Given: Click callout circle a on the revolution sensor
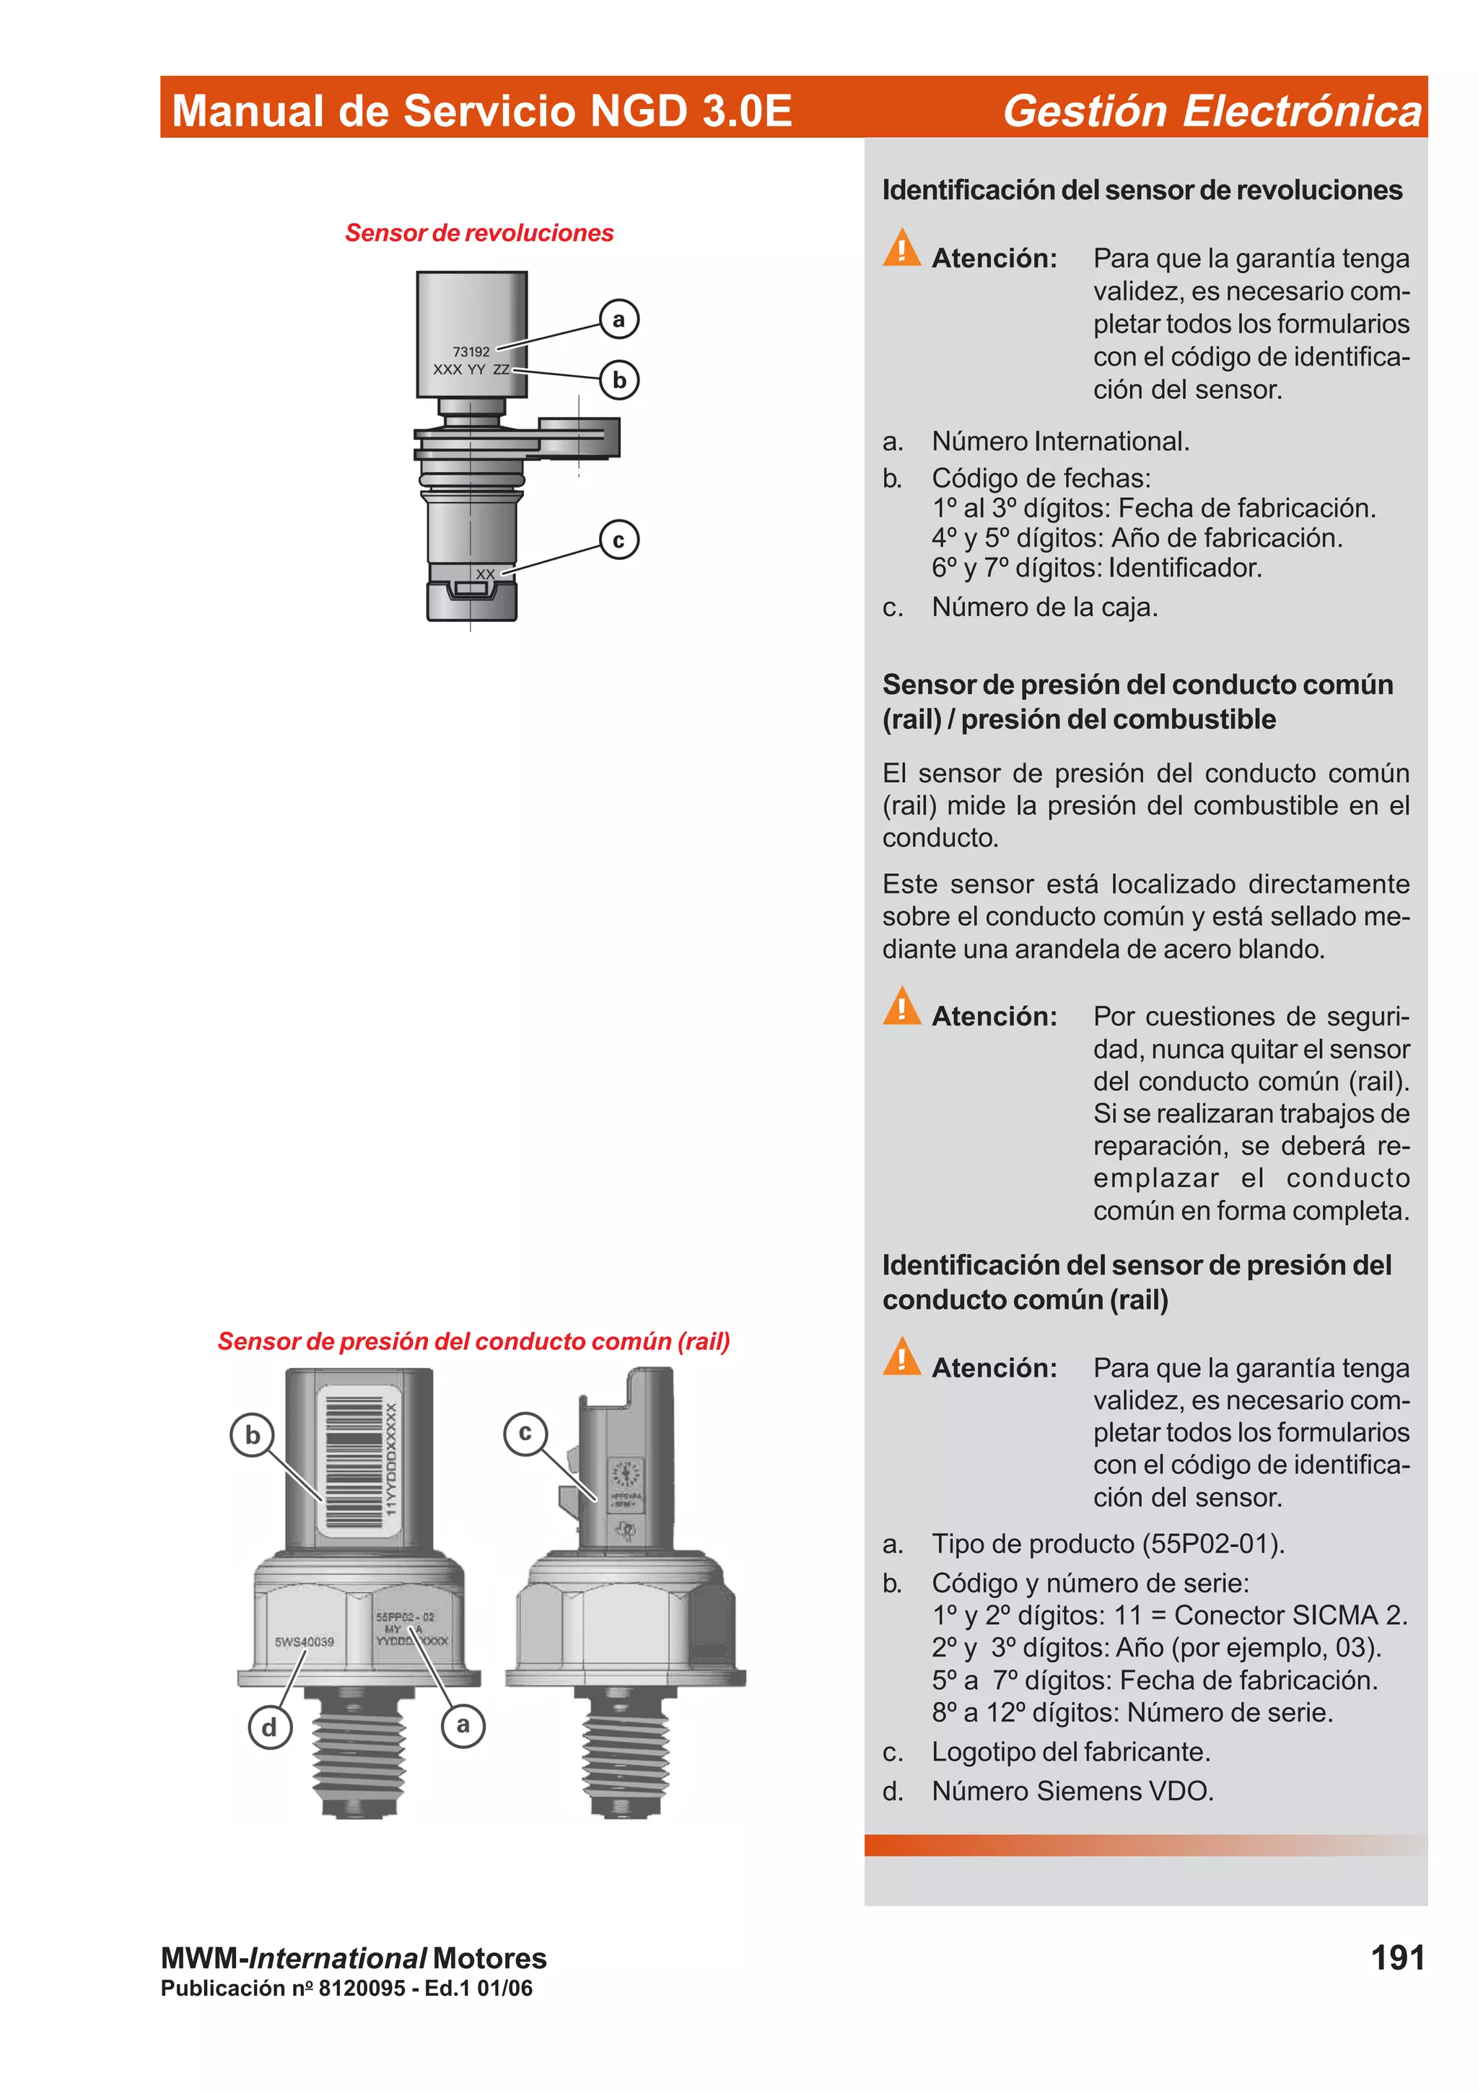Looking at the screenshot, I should click(619, 320).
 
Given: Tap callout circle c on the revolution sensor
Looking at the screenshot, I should click(619, 540).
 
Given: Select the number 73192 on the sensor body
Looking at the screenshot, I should click(471, 351).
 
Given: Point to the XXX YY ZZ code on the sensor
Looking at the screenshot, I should click(471, 369).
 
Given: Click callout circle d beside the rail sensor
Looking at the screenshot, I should click(270, 1727).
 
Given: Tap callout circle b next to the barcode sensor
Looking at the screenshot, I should click(253, 1435).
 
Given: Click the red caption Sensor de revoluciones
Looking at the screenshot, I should click(479, 233).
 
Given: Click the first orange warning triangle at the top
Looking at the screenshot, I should click(901, 247).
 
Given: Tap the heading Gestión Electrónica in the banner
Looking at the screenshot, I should click(1211, 110).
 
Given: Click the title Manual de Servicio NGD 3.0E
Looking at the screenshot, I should click(482, 110).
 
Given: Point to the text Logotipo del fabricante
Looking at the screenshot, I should click(1070, 1751).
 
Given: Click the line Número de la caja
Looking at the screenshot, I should click(1044, 607).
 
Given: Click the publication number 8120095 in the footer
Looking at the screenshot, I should click(361, 1988).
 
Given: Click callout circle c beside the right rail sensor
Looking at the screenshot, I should click(525, 1432).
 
